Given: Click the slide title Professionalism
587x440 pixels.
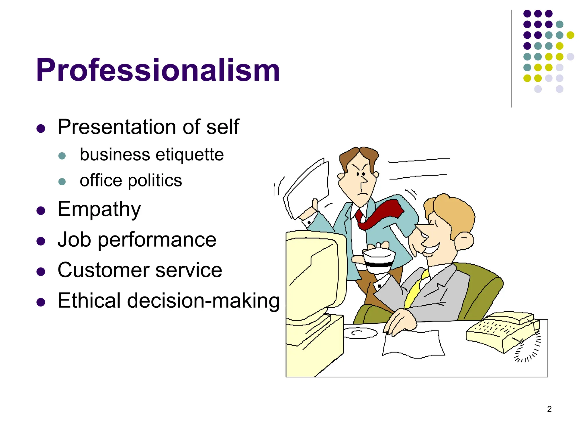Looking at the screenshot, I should click(158, 70).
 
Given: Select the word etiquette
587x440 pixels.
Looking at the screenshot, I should click(189, 155).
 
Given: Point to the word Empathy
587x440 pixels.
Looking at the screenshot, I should click(99, 209).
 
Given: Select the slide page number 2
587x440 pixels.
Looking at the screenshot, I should click(549, 409).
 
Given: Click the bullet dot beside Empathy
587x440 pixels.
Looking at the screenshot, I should click(41, 211).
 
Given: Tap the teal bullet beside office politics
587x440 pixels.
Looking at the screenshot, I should click(62, 182).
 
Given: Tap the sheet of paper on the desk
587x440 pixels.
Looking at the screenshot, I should click(413, 344).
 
